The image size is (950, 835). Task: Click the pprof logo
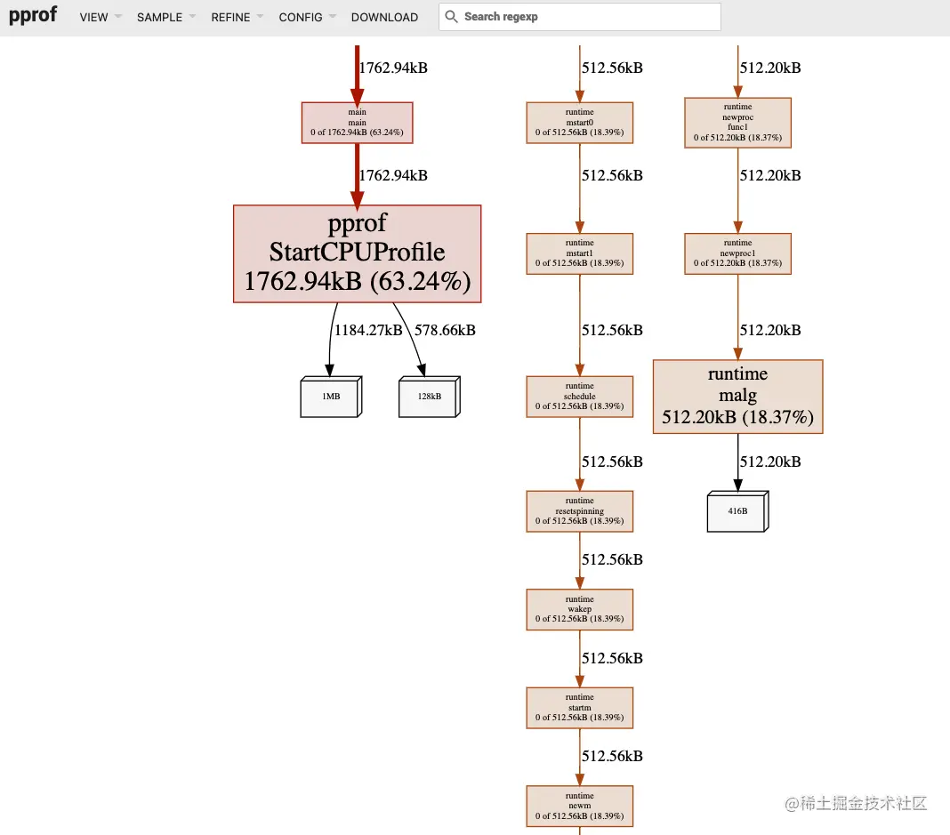point(33,16)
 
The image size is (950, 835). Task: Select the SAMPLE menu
point(159,17)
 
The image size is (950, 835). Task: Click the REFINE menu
point(230,17)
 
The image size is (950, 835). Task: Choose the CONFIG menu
point(301,17)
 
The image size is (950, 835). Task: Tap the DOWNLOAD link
point(384,17)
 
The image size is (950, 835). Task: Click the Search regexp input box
point(587,17)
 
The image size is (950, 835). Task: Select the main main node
point(358,123)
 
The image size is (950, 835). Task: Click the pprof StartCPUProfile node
point(357,253)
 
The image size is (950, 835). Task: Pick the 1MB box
point(331,397)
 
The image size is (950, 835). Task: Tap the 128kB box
point(430,397)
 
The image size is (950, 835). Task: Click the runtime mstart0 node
point(580,123)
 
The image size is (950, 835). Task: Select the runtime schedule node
point(580,397)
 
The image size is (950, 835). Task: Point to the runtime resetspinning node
point(580,511)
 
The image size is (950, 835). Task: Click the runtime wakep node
point(580,609)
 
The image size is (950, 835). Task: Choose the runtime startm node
point(580,708)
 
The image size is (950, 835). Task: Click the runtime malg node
point(737,396)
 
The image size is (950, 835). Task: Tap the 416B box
point(737,511)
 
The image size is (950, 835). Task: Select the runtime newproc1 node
point(737,253)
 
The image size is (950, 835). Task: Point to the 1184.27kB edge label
point(368,330)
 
